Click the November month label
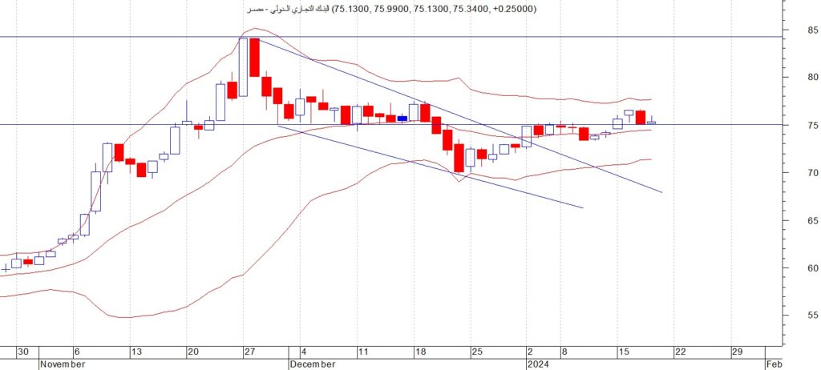coord(63,364)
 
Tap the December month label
coord(312,364)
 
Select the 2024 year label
coord(537,364)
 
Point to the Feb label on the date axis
coord(774,364)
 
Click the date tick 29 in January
coord(737,352)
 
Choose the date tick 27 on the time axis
coord(249,352)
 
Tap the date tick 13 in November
coord(135,352)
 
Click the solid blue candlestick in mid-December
coord(402,119)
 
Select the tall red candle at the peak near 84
coord(254,57)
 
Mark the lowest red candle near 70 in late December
coord(459,158)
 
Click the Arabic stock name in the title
coord(288,9)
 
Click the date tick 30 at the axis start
coord(23,352)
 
